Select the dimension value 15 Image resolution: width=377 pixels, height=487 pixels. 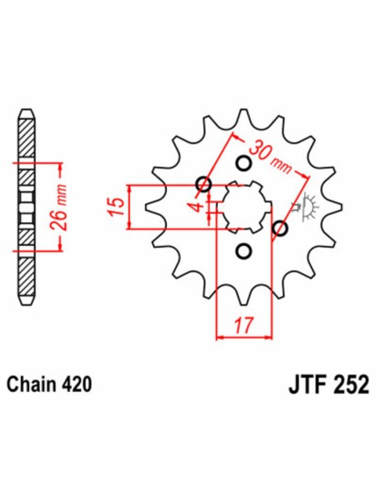[118, 205]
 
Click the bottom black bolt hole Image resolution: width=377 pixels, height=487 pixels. [244, 250]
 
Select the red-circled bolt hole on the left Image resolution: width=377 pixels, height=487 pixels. [204, 184]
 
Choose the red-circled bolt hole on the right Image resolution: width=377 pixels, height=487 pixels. [281, 228]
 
